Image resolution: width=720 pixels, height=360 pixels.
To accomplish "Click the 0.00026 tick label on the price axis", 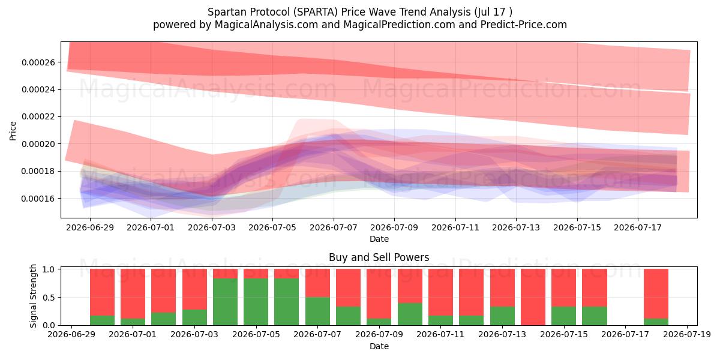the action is click(38, 62).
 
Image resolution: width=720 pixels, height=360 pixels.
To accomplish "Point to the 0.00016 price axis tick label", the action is click(38, 199).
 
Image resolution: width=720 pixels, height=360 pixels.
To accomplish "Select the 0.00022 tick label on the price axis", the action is click(38, 116).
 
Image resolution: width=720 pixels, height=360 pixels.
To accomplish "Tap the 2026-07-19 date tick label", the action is click(687, 335).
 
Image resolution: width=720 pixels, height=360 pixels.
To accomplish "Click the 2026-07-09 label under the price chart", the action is click(394, 227).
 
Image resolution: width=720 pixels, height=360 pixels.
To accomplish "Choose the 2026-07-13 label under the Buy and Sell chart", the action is click(502, 335).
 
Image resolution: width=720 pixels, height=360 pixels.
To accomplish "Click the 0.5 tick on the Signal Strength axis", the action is click(49, 298).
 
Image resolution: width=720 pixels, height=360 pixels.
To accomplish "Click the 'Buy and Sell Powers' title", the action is click(379, 257).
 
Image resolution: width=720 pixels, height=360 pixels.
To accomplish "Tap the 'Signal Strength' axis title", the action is click(33, 296).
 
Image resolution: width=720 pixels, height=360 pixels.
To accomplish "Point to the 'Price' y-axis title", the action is click(13, 131).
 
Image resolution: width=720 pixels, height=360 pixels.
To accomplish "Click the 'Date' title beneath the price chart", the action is click(379, 239).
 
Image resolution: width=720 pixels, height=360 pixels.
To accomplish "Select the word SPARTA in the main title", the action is click(315, 12).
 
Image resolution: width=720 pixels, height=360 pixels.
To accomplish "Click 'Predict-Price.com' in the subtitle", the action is click(524, 25).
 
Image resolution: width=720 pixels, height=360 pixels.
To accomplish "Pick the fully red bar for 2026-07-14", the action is click(533, 297).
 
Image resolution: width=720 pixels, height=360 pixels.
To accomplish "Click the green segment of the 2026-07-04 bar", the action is click(226, 302).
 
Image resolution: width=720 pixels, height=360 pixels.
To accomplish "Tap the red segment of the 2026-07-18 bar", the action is click(656, 294).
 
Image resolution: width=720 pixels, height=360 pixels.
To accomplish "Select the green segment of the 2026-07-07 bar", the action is click(317, 311).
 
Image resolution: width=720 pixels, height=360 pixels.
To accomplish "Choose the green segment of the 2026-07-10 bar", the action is click(410, 314).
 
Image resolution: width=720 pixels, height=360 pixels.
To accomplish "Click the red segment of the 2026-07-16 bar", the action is click(595, 288).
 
